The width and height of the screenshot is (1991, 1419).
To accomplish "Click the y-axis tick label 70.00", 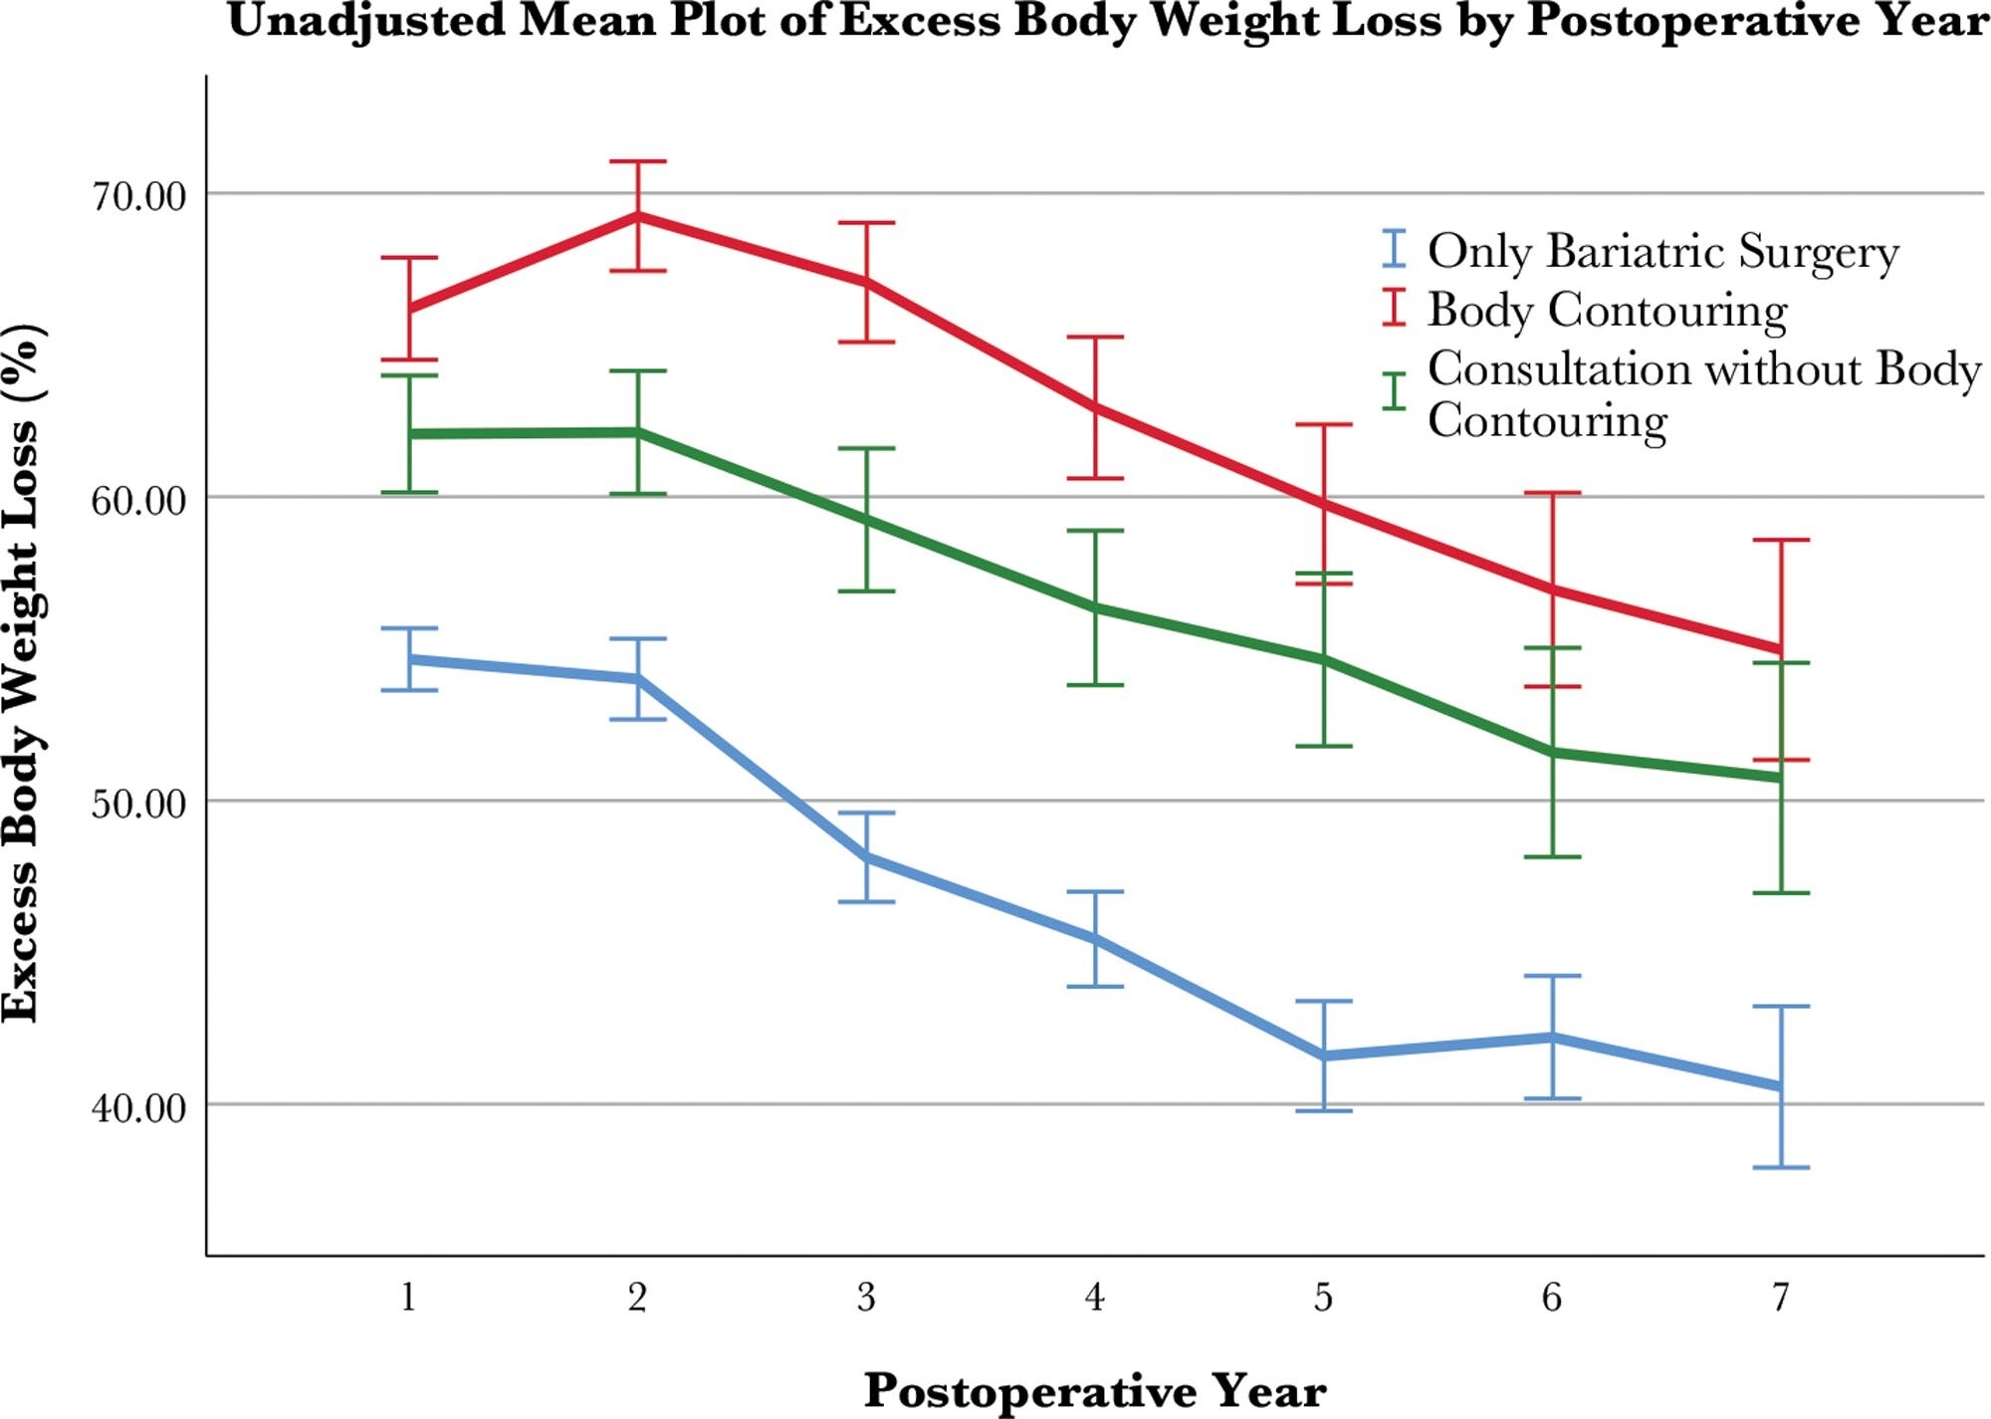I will point(138,196).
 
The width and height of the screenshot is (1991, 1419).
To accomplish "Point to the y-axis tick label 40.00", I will point(138,1107).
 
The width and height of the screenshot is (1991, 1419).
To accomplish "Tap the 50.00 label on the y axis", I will point(138,804).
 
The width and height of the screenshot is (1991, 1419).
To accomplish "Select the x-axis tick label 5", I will point(1323,1298).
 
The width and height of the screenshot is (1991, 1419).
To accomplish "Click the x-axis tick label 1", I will point(408,1298).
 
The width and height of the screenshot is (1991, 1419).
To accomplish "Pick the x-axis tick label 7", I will point(1780,1298).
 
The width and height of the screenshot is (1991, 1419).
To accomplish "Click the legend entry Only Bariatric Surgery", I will point(1662,251).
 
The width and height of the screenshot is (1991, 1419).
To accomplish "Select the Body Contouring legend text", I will point(1607,310).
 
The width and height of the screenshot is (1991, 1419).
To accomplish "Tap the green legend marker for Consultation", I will point(1395,391).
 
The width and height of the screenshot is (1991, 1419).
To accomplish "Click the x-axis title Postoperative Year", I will point(1094,1390).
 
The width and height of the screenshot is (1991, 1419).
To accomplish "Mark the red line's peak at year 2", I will point(637,215).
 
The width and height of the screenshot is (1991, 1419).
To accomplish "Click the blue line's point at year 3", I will point(866,856).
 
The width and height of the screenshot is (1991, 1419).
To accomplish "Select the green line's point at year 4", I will point(1095,606).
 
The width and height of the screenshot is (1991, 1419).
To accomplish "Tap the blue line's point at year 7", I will point(1780,1086).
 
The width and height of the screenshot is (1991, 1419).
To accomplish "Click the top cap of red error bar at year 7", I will point(1780,540).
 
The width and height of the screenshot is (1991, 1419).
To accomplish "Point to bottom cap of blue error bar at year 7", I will point(1780,1167).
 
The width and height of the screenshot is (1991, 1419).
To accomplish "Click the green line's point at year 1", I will point(409,434).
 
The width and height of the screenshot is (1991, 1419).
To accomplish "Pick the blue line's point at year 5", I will point(1323,1056).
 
